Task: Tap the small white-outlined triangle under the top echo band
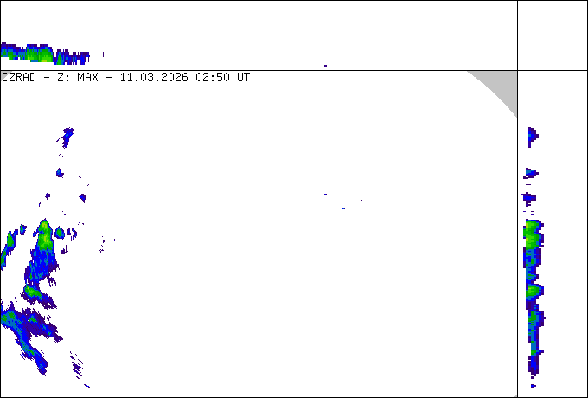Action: pyautogui.click(x=4, y=75)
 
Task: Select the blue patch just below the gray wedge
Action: pyautogui.click(x=533, y=135)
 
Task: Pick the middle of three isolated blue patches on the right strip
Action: pyautogui.click(x=530, y=173)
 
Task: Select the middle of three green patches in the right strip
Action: pyautogui.click(x=533, y=291)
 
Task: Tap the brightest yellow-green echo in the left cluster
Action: pyautogui.click(x=44, y=234)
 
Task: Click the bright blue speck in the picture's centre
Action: pyautogui.click(x=343, y=209)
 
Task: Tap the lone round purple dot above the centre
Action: pyautogui.click(x=326, y=65)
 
